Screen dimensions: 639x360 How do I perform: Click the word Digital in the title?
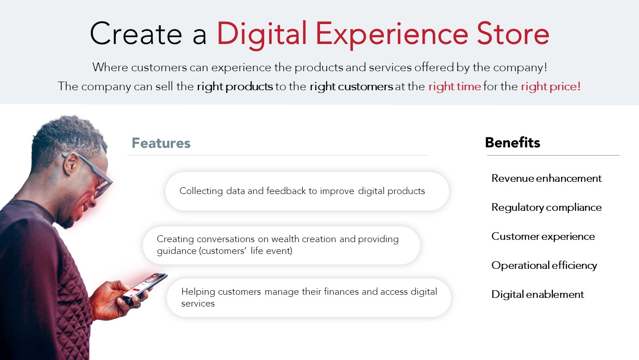262,35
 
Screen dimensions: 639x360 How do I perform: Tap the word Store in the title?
513,34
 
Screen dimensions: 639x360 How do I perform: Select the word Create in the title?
136,34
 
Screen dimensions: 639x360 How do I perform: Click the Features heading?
161,143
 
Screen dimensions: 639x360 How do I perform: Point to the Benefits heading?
513,142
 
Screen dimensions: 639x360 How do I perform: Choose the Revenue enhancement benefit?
546,179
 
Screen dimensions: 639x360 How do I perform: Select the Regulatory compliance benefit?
546,208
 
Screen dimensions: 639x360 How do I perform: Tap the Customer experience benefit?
543,237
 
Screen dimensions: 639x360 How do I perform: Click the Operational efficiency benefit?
544,266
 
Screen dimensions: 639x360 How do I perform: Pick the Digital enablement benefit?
537,294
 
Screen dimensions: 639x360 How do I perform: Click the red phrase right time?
455,87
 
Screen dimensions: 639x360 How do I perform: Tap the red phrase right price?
551,87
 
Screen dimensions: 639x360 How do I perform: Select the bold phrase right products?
235,87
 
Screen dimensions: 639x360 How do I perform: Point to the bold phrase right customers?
351,87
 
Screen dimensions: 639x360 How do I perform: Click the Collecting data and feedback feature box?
307,191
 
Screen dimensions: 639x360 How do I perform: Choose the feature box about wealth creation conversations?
281,245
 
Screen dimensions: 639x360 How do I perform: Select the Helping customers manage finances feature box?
309,297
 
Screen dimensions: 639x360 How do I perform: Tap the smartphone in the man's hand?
145,287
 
